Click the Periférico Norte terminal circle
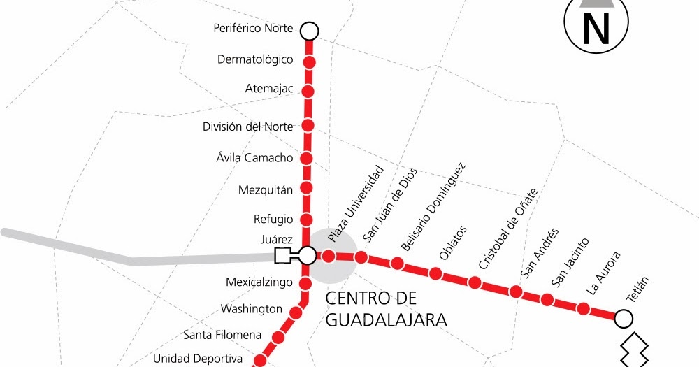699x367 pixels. pyautogui.click(x=309, y=31)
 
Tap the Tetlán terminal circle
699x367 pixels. pyautogui.click(x=624, y=319)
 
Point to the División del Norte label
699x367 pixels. pyautogui.click(x=247, y=127)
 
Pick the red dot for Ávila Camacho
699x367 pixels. pyautogui.click(x=307, y=157)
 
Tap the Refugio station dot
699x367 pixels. pyautogui.click(x=306, y=219)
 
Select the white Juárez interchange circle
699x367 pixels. pyautogui.click(x=308, y=255)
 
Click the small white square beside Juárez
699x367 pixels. pyautogui.click(x=283, y=255)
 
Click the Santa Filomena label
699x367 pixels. pyautogui.click(x=222, y=334)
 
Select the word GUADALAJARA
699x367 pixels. pyautogui.click(x=387, y=320)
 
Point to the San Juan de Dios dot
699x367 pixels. pyautogui.click(x=361, y=257)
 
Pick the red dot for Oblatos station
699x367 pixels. pyautogui.click(x=436, y=273)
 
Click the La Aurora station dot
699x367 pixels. pyautogui.click(x=583, y=308)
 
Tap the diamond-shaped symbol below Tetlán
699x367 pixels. pyautogui.click(x=635, y=350)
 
